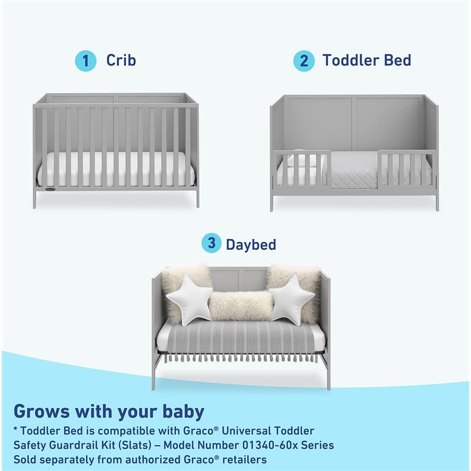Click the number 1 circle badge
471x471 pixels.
point(85,61)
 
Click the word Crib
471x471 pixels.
point(121,60)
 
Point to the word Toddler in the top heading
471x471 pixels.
point(350,60)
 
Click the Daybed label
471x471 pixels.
point(251,244)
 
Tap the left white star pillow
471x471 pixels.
point(190,298)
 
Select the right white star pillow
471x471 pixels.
point(292,298)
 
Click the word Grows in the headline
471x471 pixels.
point(40,410)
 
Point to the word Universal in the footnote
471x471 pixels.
point(256,432)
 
